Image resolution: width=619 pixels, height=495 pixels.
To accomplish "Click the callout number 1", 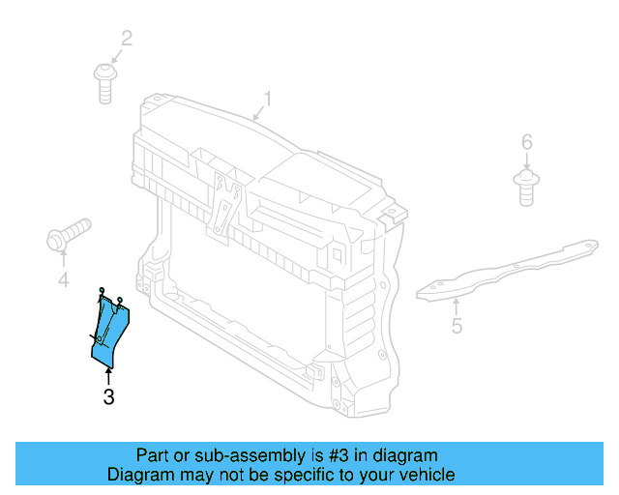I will pyautogui.click(x=268, y=99).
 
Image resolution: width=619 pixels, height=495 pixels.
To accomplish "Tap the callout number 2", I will pyautogui.click(x=127, y=39).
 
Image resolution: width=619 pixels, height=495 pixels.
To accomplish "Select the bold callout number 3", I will pyautogui.click(x=108, y=395).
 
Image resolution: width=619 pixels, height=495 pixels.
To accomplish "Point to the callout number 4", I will pyautogui.click(x=63, y=280).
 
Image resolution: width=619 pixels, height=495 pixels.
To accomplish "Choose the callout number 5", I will pyautogui.click(x=457, y=326).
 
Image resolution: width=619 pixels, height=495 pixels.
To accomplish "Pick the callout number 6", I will pyautogui.click(x=527, y=143).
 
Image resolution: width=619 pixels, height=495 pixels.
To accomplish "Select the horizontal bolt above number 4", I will pyautogui.click(x=67, y=234).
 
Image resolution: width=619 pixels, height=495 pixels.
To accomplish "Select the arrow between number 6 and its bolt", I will pyautogui.click(x=527, y=161).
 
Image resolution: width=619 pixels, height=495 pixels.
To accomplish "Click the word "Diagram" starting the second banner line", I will pyautogui.click(x=141, y=475).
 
